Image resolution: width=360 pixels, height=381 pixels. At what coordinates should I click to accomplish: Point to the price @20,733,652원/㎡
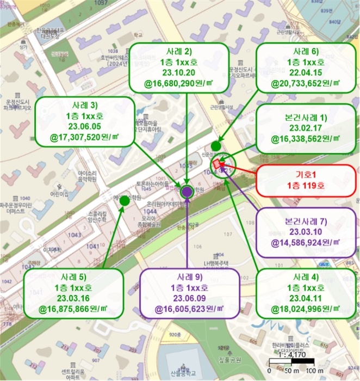[x=306, y=86]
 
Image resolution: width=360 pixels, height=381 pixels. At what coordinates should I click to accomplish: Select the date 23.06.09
[x=188, y=298]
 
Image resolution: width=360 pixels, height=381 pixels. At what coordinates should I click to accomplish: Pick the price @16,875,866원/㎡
[x=74, y=310]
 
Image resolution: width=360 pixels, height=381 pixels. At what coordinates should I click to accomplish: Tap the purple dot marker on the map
[x=188, y=191]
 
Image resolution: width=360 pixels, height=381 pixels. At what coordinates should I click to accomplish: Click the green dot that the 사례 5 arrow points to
[x=124, y=200]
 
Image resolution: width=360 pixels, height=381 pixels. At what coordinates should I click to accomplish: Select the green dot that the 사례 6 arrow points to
[x=216, y=145]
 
